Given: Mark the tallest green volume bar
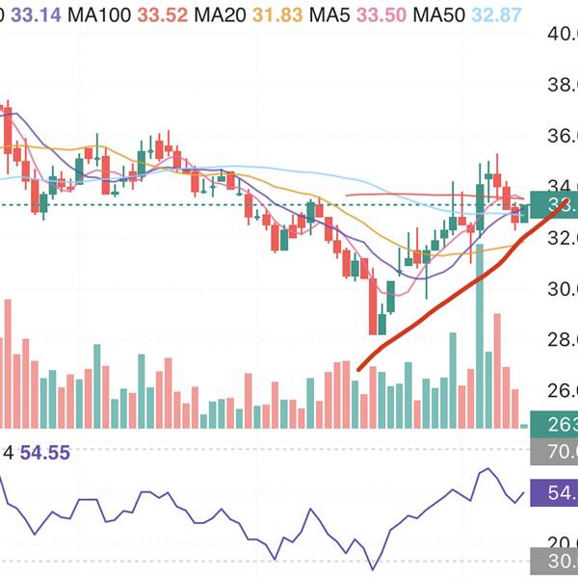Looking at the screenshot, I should click(479, 366).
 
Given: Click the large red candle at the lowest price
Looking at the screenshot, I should click(372, 304).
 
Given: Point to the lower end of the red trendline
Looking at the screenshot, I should click(358, 368).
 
